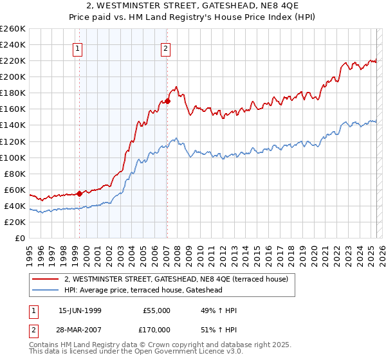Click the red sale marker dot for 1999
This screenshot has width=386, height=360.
click(x=79, y=193)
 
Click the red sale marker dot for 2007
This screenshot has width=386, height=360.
click(x=167, y=101)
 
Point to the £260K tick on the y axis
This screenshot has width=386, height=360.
click(x=13, y=29)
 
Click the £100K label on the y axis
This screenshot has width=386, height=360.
click(x=13, y=157)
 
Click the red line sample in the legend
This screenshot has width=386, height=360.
click(x=46, y=279)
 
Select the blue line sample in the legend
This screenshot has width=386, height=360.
click(x=46, y=290)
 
